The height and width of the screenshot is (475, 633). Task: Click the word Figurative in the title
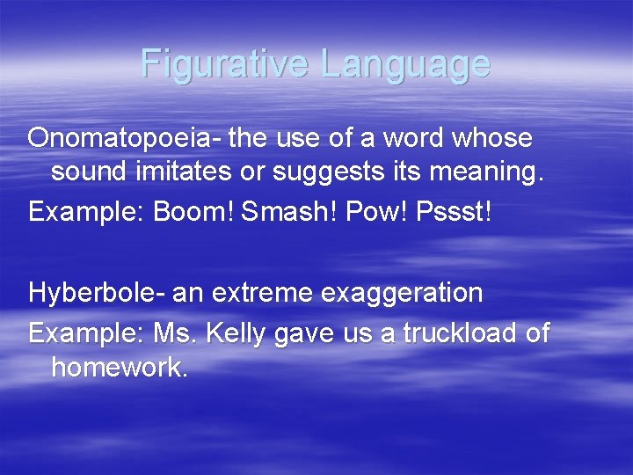tap(225, 64)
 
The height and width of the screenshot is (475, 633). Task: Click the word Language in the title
tap(405, 64)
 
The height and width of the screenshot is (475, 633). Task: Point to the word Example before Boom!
tap(85, 214)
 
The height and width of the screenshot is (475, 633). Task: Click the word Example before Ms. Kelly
tap(85, 334)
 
